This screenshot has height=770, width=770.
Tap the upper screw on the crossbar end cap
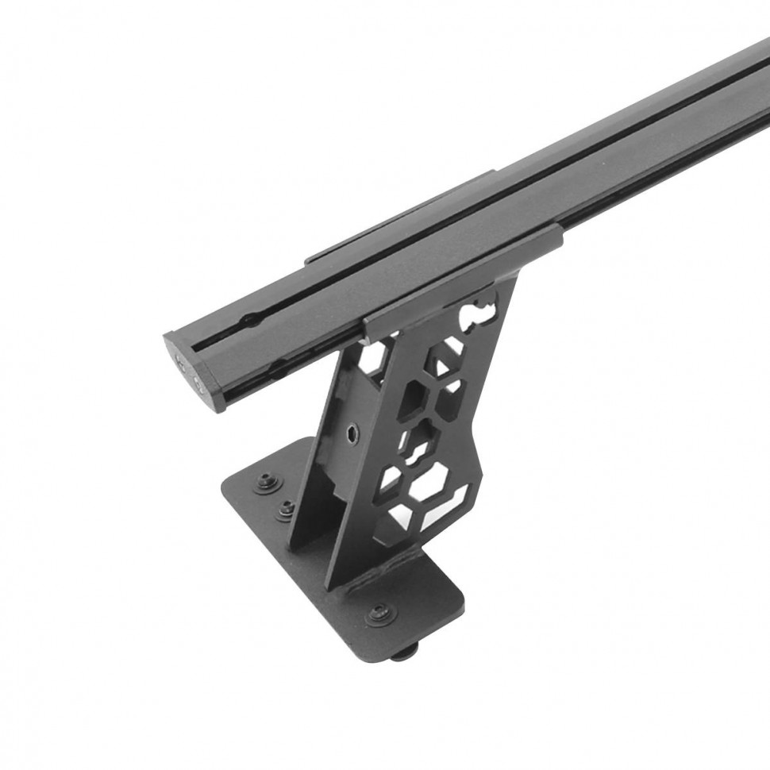(x=182, y=363)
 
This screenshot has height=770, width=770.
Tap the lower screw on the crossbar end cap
(x=198, y=387)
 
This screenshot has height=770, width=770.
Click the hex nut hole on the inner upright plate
(x=352, y=433)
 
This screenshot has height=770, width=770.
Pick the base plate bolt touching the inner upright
(x=286, y=508)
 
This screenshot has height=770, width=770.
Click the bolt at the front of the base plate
(x=380, y=613)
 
